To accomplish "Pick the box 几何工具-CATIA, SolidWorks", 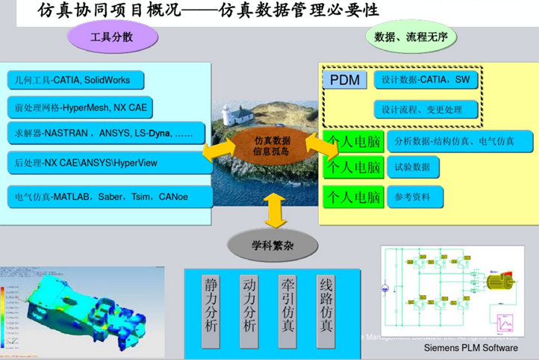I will (x=75, y=80).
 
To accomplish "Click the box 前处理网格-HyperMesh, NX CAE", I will (x=81, y=107).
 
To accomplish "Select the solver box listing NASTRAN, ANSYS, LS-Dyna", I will (x=105, y=134).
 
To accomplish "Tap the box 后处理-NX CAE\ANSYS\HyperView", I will (x=105, y=162).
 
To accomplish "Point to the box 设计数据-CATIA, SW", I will (x=426, y=80).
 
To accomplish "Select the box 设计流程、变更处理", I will (x=426, y=109).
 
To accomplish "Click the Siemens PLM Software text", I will (x=470, y=348).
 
